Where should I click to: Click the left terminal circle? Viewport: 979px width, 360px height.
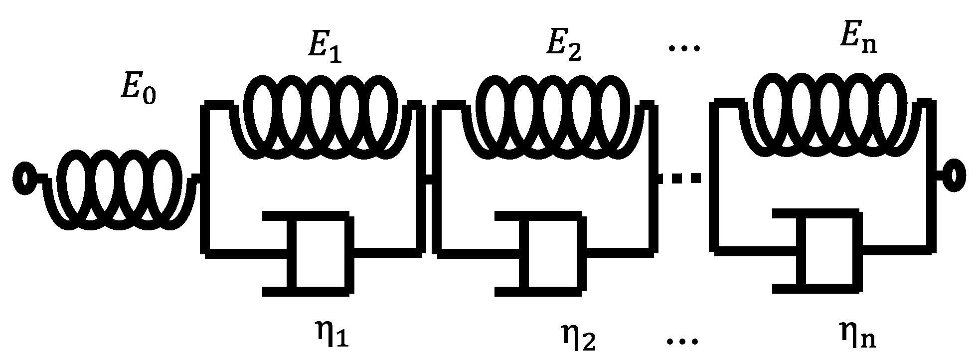24,178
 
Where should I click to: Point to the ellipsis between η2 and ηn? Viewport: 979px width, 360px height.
683,342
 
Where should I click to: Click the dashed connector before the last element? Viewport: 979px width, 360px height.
680,178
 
